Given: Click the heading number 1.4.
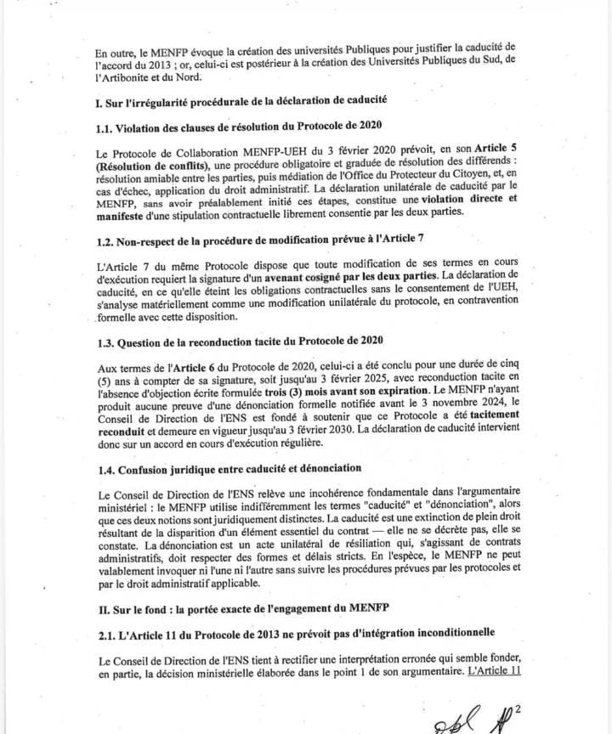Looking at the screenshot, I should (105, 468).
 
